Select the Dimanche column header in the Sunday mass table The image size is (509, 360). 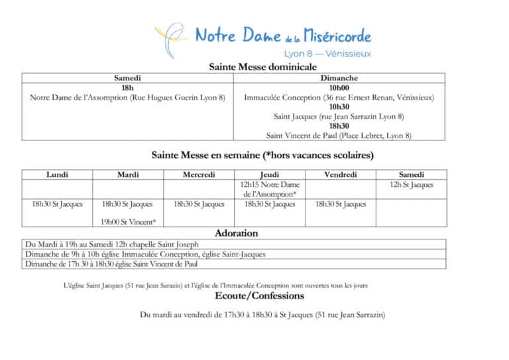(x=339, y=78)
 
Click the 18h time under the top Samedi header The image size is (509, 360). (x=127, y=88)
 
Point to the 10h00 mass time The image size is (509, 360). (x=339, y=88)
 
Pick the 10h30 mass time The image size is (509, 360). (x=339, y=107)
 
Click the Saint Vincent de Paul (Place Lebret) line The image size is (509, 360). (x=339, y=135)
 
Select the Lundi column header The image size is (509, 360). (x=57, y=175)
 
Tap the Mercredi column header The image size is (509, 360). (x=199, y=175)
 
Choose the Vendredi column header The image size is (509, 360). (x=341, y=175)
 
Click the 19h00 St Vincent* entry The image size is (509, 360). (x=129, y=222)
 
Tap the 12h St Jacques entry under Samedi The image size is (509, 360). (x=412, y=184)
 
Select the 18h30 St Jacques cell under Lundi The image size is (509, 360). (x=57, y=204)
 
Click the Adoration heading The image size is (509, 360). (x=237, y=233)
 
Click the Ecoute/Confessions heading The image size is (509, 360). (x=260, y=296)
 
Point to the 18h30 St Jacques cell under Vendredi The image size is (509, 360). (x=341, y=204)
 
